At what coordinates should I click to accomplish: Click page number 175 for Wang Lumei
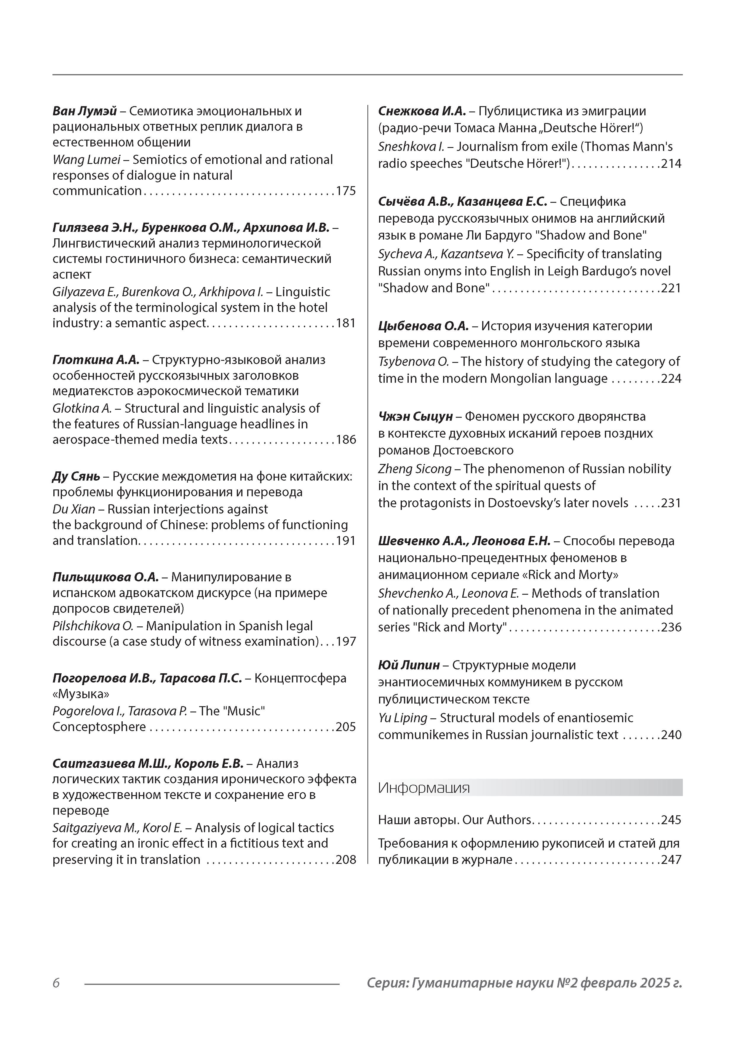(x=346, y=191)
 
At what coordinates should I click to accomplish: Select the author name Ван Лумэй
(x=85, y=111)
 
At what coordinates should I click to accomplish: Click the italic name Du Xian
(x=74, y=509)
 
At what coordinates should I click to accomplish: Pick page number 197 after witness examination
(x=346, y=641)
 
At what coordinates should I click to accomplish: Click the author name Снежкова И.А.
(x=422, y=111)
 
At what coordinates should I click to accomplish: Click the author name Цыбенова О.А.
(x=423, y=326)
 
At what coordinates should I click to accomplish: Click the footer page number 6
(x=56, y=982)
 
